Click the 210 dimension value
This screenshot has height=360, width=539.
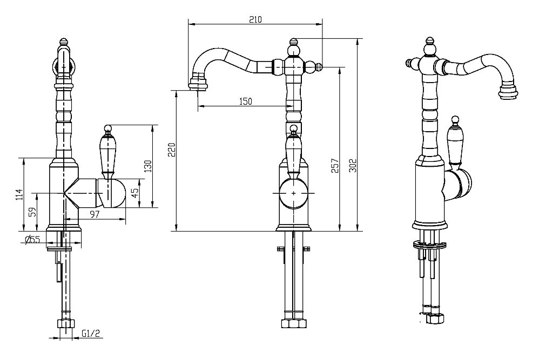tap(255, 19)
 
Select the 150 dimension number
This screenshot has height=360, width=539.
tap(245, 101)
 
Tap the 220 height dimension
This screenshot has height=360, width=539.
tap(172, 150)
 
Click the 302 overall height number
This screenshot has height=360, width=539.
tap(353, 166)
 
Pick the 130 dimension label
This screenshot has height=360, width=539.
tap(148, 167)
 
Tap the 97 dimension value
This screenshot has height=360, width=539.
tap(95, 214)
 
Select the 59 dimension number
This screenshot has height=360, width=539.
tap(32, 212)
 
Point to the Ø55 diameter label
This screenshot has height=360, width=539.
tap(32, 240)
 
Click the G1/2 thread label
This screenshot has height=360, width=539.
tap(90, 333)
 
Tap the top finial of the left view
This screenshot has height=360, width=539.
tap(64, 42)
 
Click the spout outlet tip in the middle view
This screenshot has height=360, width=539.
tap(198, 84)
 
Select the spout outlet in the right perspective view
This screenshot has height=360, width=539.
tap(508, 92)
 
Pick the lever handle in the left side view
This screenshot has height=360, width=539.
tap(108, 151)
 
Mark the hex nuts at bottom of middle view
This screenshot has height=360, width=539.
tap(293, 323)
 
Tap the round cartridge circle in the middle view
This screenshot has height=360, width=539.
tap(293, 193)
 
